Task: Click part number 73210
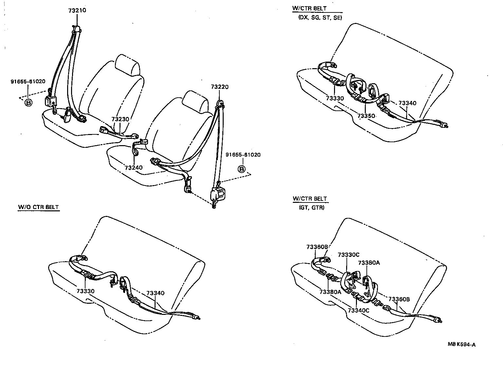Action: point(77,10)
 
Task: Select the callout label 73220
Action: point(220,87)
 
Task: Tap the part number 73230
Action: point(120,119)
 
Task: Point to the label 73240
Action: point(133,167)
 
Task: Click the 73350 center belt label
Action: point(366,116)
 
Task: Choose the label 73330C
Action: point(348,255)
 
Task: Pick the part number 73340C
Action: point(358,310)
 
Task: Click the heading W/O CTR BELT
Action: point(38,207)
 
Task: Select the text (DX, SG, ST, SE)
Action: point(320,18)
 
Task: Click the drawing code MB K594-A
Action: point(462,344)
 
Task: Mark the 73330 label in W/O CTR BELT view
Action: point(86,291)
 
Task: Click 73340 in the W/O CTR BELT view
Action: point(155,293)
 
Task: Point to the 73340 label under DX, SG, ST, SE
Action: point(407,103)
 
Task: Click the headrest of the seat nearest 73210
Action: point(127,65)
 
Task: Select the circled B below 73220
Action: point(241,169)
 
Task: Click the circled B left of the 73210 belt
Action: point(28,103)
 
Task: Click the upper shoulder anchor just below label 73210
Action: point(77,29)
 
